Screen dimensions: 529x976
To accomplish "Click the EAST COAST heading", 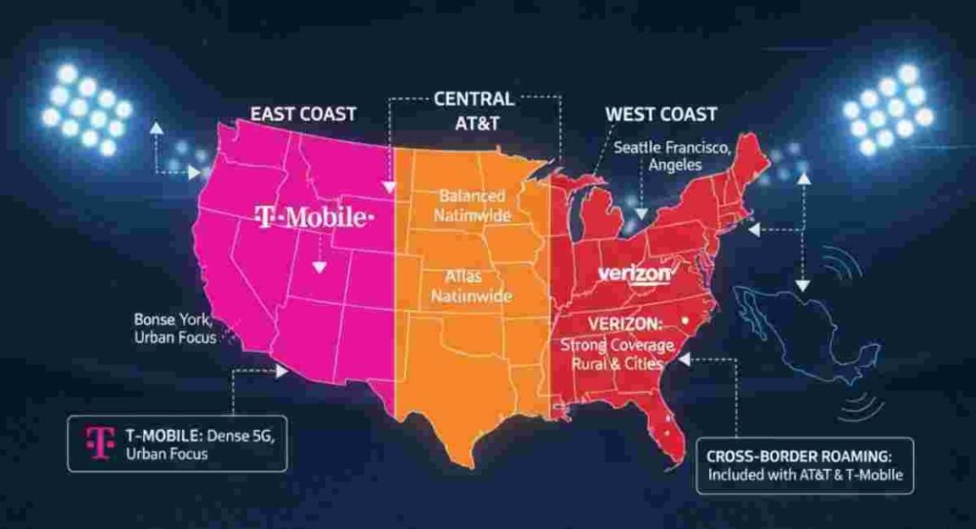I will tap(302, 113).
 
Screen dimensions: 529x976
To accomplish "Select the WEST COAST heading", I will tap(661, 114).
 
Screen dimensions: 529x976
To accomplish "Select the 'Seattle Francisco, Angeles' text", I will tap(673, 155).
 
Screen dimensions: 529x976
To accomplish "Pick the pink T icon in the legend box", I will tap(95, 441).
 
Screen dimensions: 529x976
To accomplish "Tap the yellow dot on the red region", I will tap(686, 321).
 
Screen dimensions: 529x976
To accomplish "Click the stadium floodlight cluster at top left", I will tap(87, 109).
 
